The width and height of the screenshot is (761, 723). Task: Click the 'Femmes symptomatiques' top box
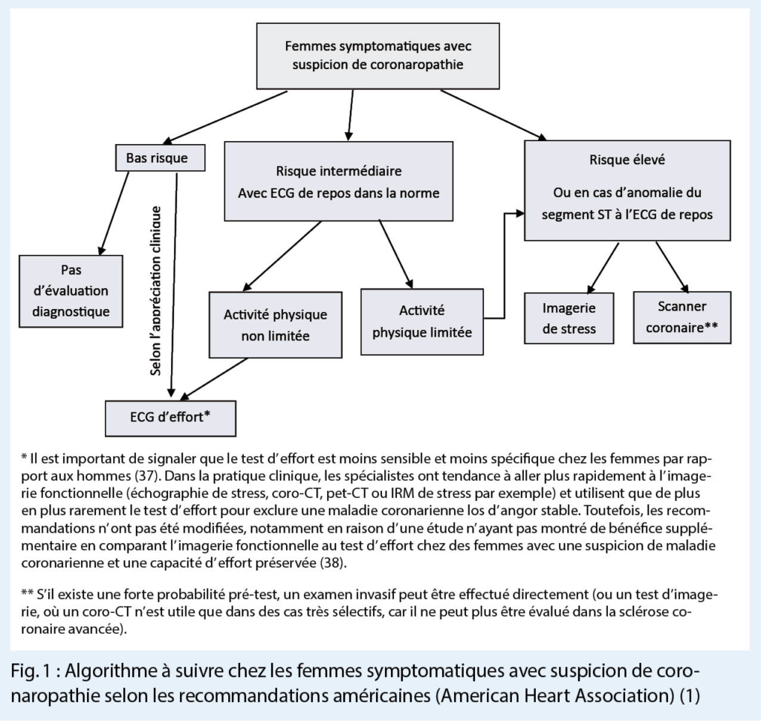click(378, 56)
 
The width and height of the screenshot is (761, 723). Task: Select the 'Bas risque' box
click(152, 158)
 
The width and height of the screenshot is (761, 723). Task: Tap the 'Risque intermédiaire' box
click(338, 181)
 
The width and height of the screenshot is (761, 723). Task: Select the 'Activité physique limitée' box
click(421, 322)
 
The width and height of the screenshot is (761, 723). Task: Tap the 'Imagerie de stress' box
click(570, 318)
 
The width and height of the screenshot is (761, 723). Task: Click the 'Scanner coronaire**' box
click(681, 317)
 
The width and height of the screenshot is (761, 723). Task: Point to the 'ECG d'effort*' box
click(171, 417)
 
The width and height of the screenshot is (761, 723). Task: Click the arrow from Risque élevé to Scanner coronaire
click(672, 266)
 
